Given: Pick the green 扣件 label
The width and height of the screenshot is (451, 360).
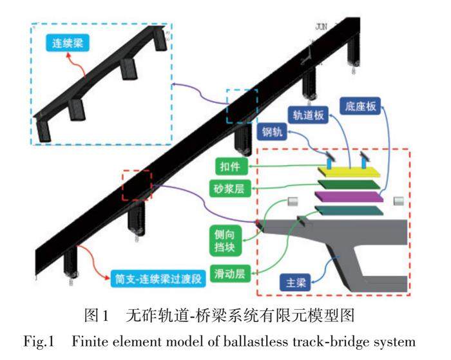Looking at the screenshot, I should click(228, 167).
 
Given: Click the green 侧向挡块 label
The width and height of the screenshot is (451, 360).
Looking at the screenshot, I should click(225, 235).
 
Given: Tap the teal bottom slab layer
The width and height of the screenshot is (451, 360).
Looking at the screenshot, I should click(345, 211).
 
